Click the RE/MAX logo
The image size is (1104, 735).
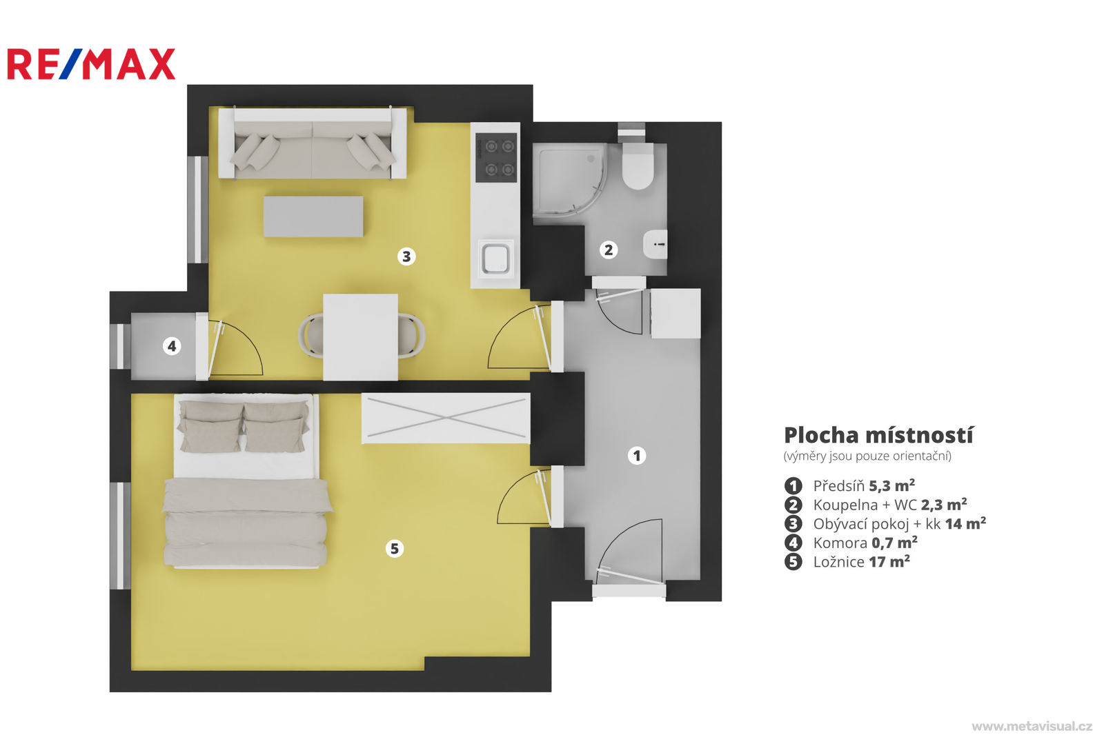[x=91, y=64]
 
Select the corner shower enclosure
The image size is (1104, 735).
[x=570, y=180]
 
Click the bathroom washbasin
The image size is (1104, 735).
[x=655, y=244]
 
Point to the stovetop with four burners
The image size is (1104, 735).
[x=496, y=158]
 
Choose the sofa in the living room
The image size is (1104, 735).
[x=313, y=143]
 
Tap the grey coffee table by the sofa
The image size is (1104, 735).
[x=313, y=217]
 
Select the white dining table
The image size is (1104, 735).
[x=360, y=337]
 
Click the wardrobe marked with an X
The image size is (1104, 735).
[x=446, y=419]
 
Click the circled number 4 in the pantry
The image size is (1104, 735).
[x=172, y=346]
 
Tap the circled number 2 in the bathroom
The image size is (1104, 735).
[x=609, y=250]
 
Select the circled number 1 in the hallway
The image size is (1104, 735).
[x=637, y=456]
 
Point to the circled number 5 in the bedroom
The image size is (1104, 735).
[x=394, y=548]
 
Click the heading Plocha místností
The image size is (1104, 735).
[x=878, y=436]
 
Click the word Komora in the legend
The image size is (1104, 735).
[x=840, y=543]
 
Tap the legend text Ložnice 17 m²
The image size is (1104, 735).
[x=862, y=562]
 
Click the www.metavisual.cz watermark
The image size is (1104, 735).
[x=1032, y=726]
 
